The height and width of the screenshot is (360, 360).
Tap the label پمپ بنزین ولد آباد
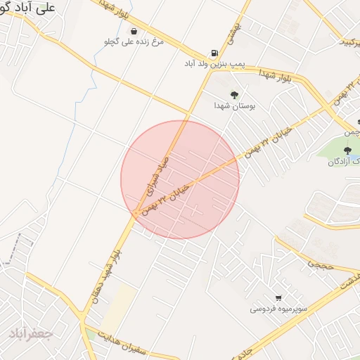(214, 64)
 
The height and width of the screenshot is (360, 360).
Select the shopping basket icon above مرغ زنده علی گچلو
(134, 31)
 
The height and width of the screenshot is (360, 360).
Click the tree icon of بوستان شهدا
(234, 95)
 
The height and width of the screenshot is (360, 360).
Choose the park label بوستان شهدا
(234, 105)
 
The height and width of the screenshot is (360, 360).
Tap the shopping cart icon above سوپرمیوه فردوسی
(279, 298)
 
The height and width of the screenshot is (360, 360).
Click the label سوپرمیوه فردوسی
(278, 309)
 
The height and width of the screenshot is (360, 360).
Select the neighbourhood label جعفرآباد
(31, 333)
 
